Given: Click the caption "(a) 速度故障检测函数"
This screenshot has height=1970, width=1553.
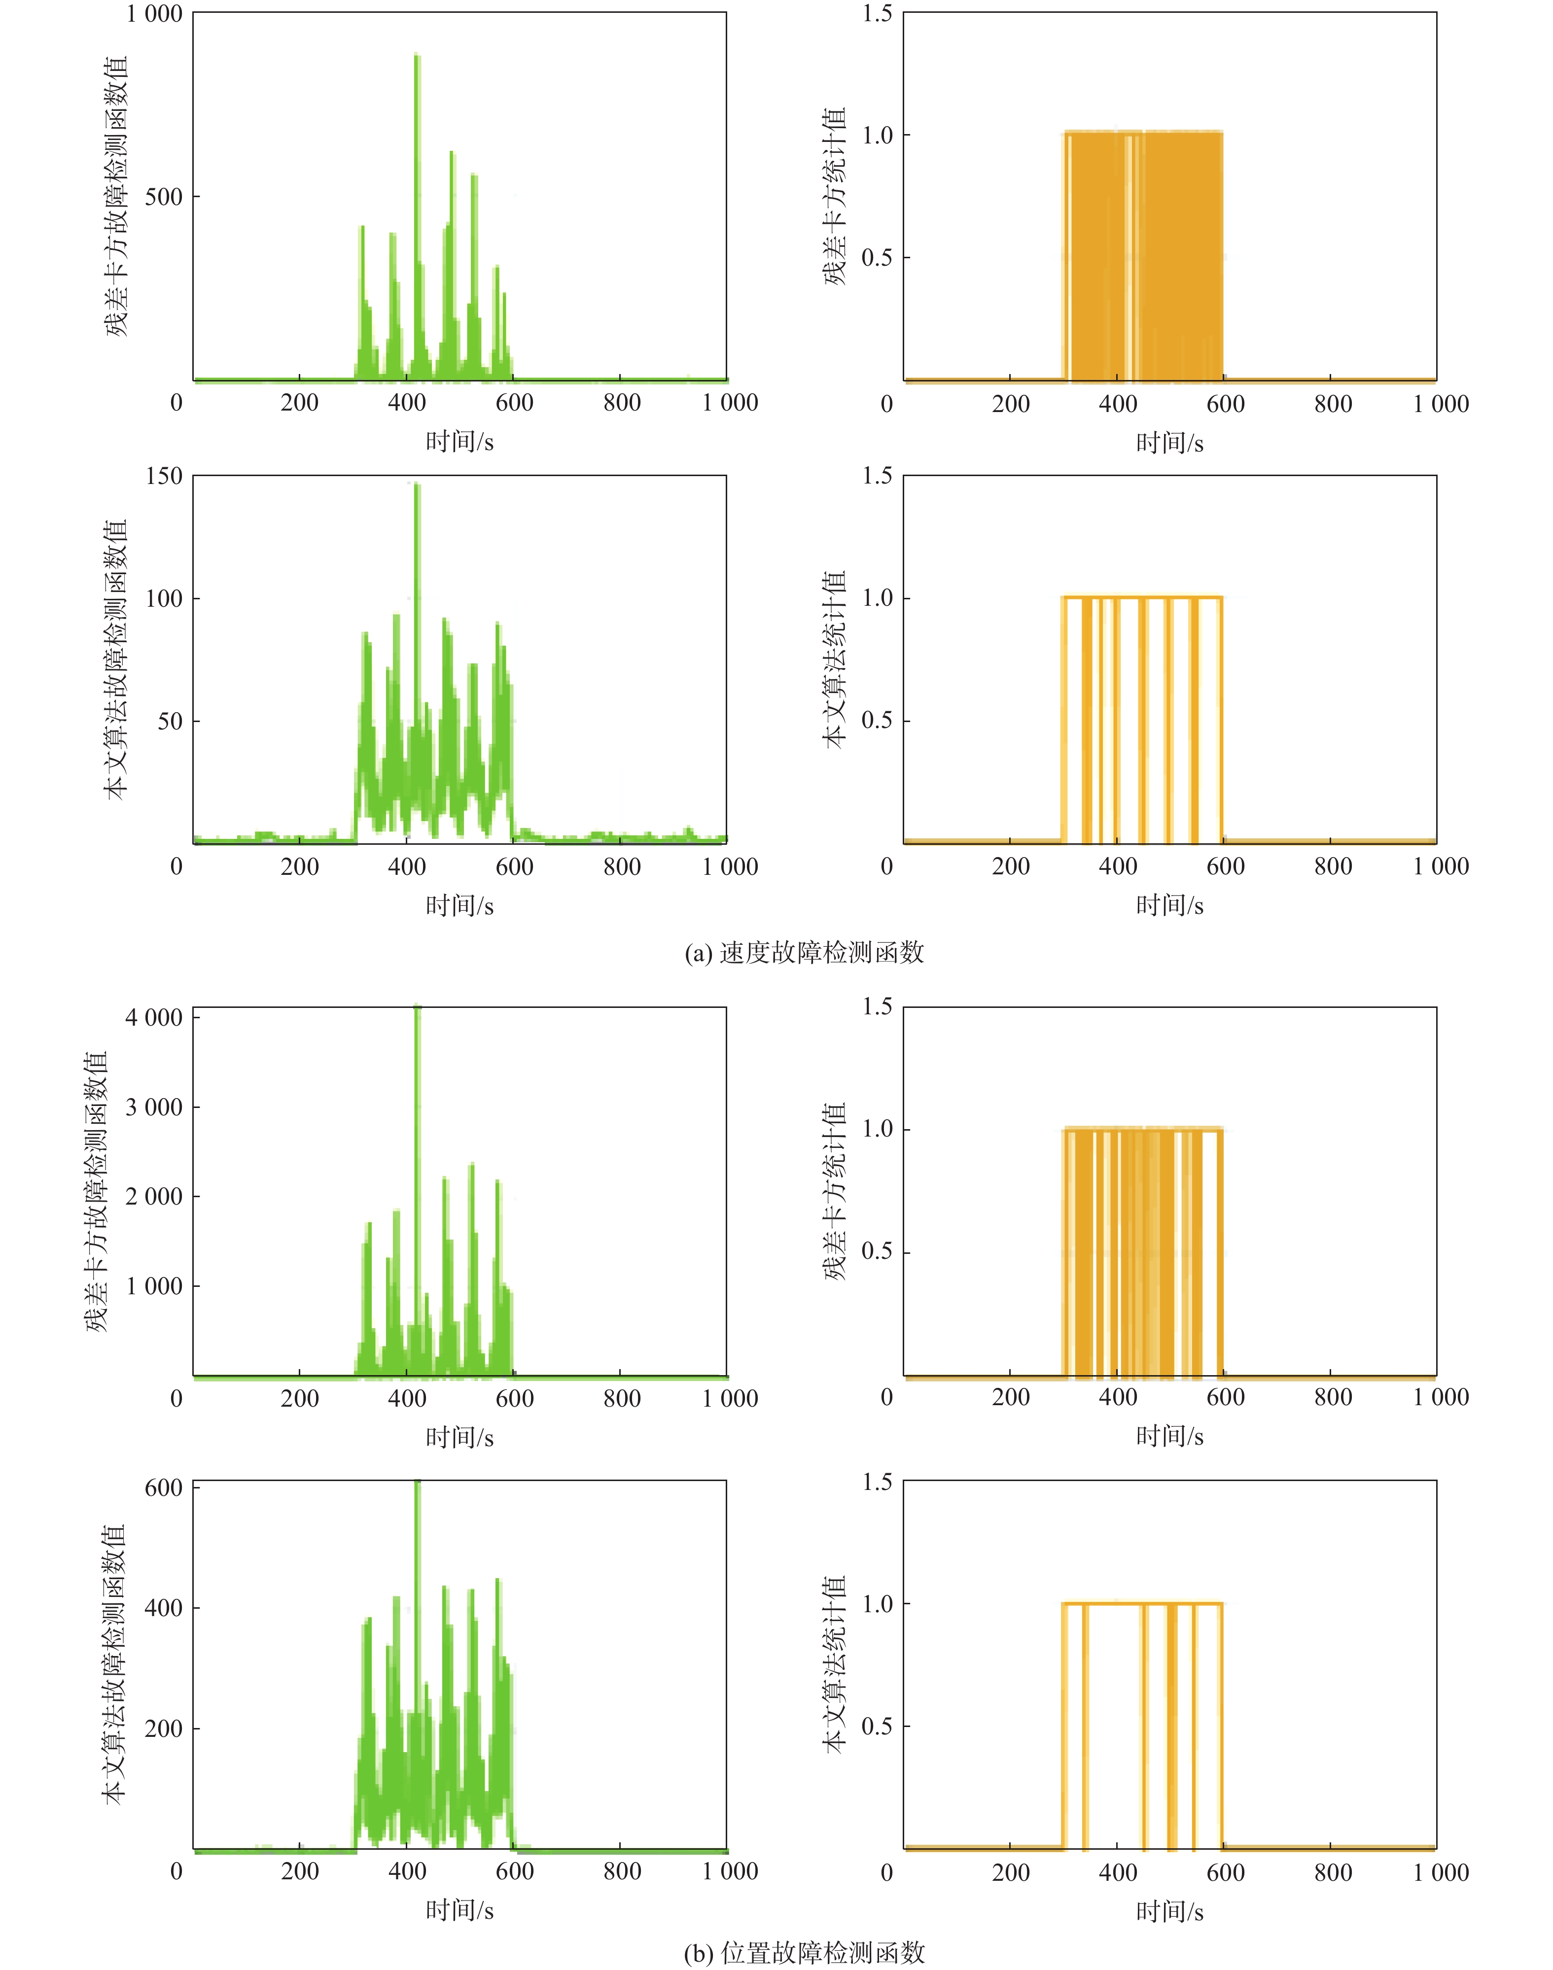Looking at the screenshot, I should pyautogui.click(x=804, y=952).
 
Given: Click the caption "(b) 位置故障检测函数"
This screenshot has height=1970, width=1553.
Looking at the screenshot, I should pyautogui.click(x=804, y=1952).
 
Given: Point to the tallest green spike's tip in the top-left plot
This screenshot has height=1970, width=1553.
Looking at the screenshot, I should pyautogui.click(x=417, y=56).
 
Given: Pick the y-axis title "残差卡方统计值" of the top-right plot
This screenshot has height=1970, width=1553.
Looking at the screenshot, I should pyautogui.click(x=835, y=196).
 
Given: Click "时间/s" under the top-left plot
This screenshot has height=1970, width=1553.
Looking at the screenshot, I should pyautogui.click(x=459, y=442).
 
